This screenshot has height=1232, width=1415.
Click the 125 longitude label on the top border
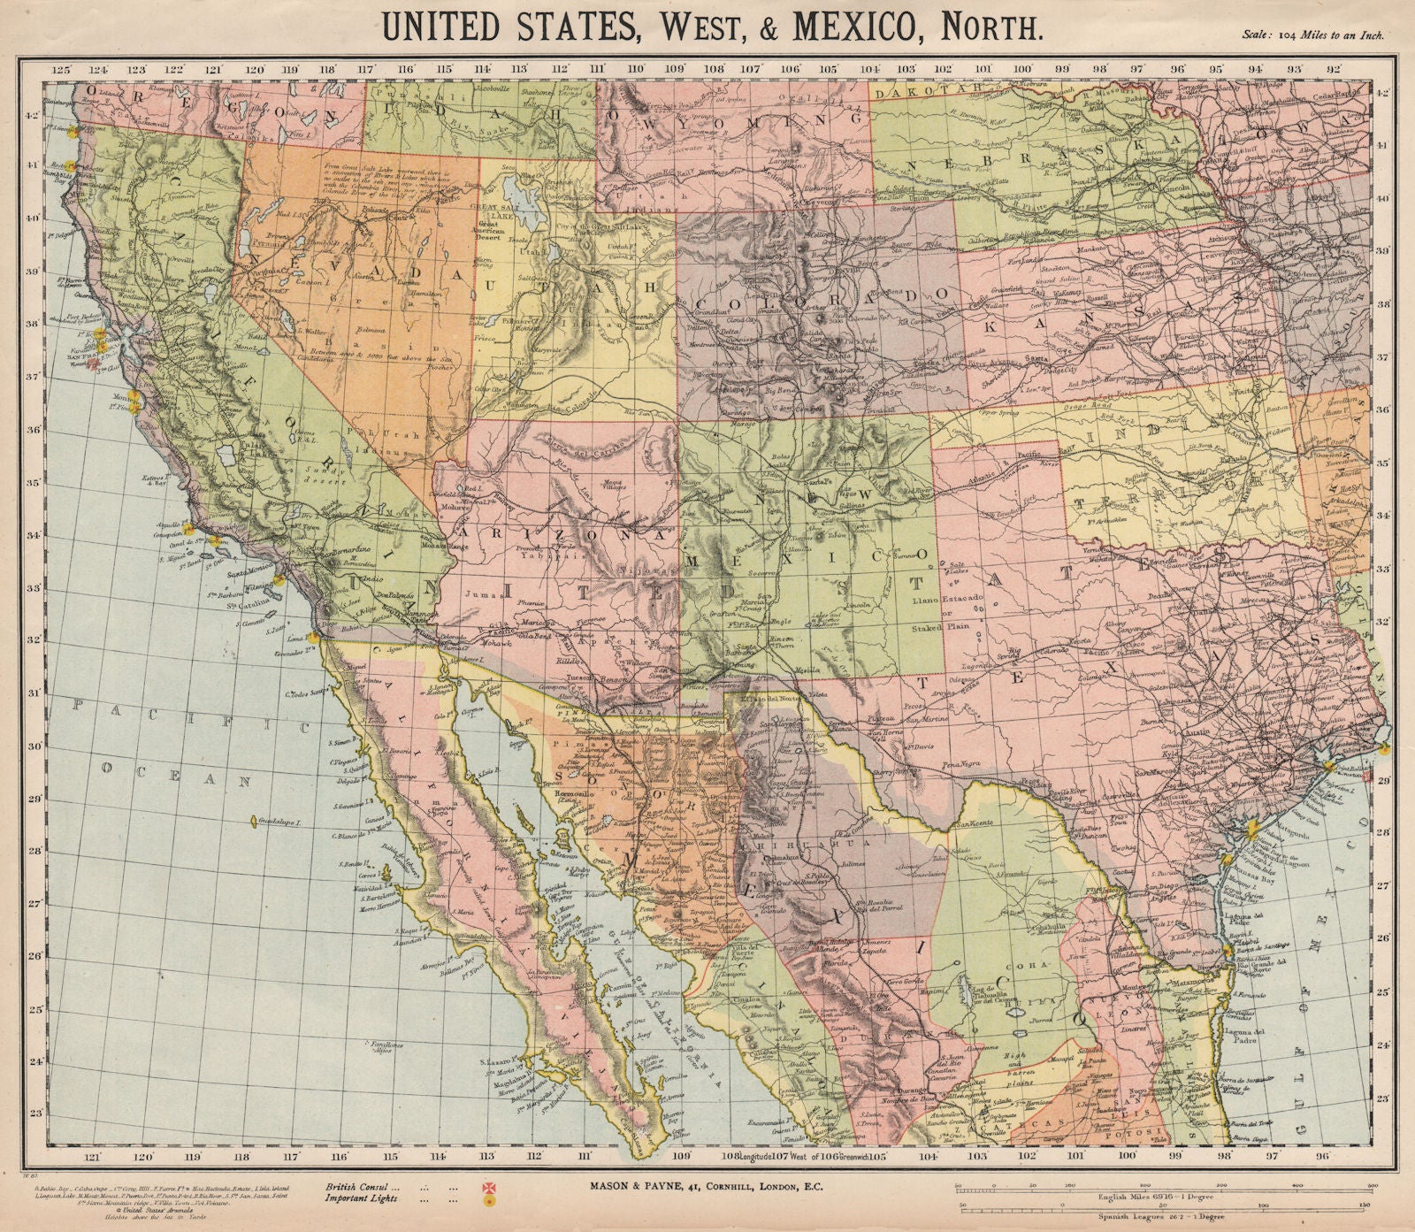[59, 68]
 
